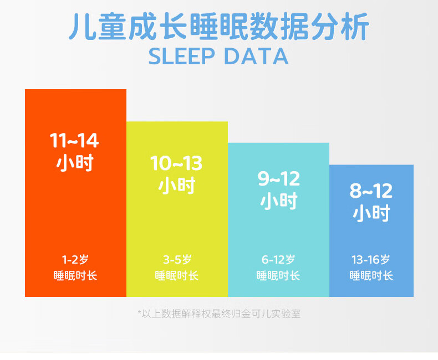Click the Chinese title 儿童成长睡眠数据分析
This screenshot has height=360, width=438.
219,27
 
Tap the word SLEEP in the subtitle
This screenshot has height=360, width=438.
181,56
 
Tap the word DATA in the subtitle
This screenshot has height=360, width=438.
256,56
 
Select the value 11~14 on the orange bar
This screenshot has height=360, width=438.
74,140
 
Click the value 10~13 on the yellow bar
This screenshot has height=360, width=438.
176,163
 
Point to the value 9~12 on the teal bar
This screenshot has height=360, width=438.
278,178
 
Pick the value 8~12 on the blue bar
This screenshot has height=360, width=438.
371,191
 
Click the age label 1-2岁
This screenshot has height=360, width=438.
75,260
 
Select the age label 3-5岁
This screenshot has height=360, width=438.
177,260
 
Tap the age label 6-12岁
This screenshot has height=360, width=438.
278,260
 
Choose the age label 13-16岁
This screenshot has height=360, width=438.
371,260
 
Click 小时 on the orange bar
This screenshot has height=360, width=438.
75,163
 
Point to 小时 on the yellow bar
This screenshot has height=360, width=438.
177,186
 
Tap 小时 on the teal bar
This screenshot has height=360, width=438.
279,201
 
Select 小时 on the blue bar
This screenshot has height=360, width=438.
371,213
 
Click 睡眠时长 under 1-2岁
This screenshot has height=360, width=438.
75,276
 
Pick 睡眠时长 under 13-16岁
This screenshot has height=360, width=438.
371,276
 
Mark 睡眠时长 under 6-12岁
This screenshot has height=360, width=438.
278,276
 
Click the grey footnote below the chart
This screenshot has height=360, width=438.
220,314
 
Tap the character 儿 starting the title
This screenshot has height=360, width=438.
83,27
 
